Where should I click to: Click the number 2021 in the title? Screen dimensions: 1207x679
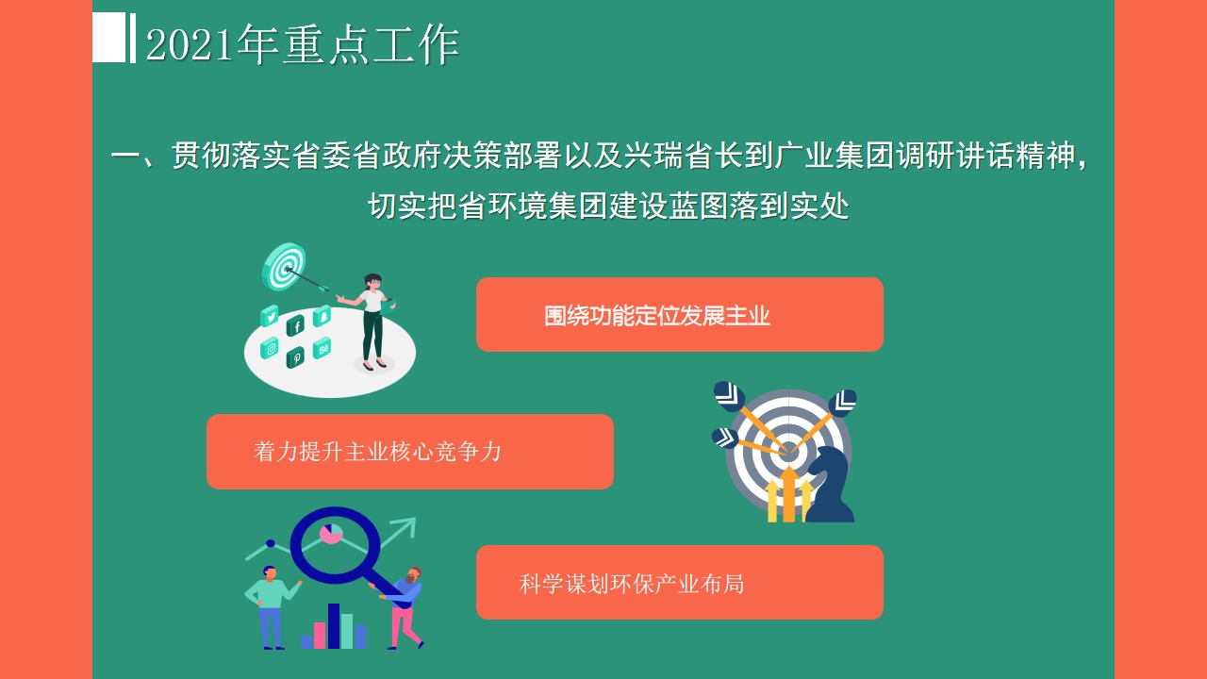pos(190,44)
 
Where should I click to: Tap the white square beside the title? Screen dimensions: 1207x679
pos(108,37)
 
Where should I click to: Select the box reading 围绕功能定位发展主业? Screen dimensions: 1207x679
pos(680,315)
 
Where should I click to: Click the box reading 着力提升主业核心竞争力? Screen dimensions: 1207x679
pos(410,452)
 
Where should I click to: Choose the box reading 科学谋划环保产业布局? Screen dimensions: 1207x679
pos(680,583)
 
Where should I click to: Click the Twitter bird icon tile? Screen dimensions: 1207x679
pos(270,316)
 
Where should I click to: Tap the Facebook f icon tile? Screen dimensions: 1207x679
pos(295,325)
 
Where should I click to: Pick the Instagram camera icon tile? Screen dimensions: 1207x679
pos(270,349)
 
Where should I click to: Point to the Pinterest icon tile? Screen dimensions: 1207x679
pos(295,357)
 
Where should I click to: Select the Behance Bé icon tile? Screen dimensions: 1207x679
pos(322,348)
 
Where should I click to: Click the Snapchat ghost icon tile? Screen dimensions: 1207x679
pos(322,316)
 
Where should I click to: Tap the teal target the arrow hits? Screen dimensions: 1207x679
pos(284,266)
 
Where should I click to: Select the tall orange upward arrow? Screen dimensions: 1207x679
pos(789,495)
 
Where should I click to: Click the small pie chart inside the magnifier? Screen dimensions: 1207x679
pos(331,534)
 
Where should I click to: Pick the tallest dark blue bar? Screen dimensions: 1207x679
pos(334,625)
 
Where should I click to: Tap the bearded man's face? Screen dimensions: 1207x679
pos(413,576)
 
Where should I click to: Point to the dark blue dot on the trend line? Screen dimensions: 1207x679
pos(271,543)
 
